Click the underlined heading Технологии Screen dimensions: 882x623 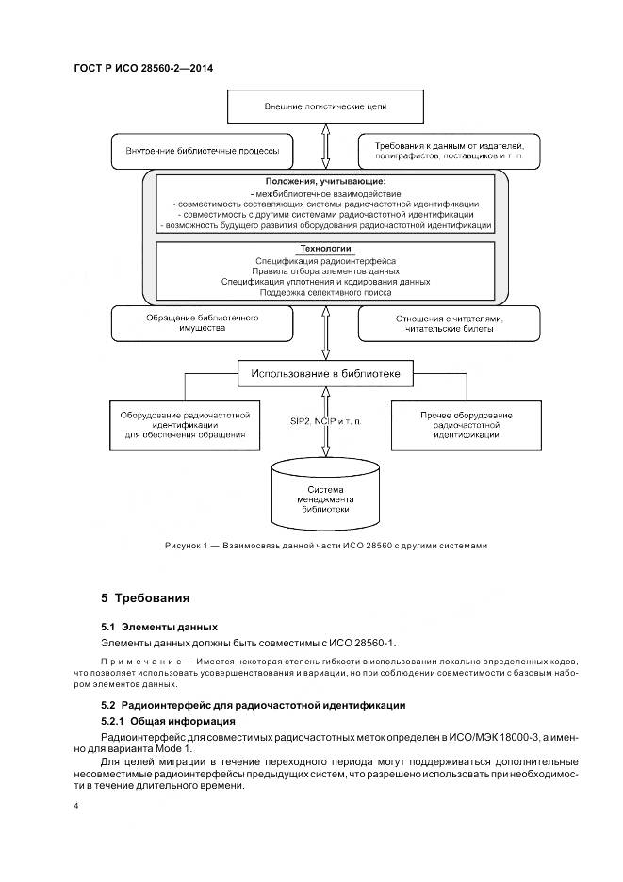tap(326, 248)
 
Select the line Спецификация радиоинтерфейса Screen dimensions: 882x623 tap(326, 260)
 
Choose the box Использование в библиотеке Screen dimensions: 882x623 tap(325, 375)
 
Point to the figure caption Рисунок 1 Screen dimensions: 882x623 tap(325, 546)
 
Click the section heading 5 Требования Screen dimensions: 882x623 tap(146, 597)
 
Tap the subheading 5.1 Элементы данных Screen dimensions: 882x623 tap(158, 626)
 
